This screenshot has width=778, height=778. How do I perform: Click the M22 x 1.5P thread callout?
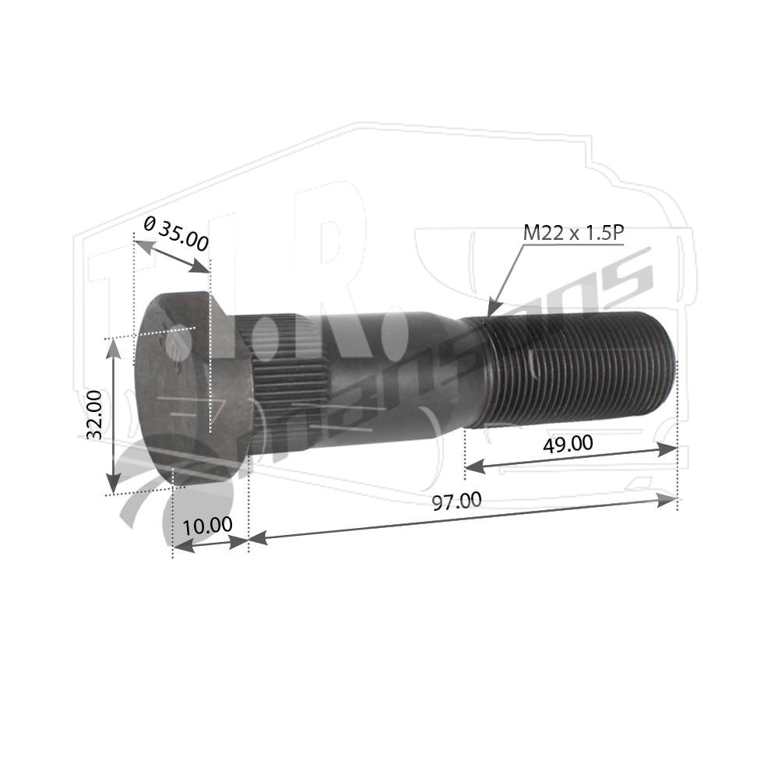point(573,233)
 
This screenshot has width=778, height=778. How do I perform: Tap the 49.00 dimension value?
point(568,443)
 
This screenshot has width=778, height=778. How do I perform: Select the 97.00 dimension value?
point(456,501)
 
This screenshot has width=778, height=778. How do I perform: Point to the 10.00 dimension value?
point(207,526)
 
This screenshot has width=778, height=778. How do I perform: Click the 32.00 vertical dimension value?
point(94,415)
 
